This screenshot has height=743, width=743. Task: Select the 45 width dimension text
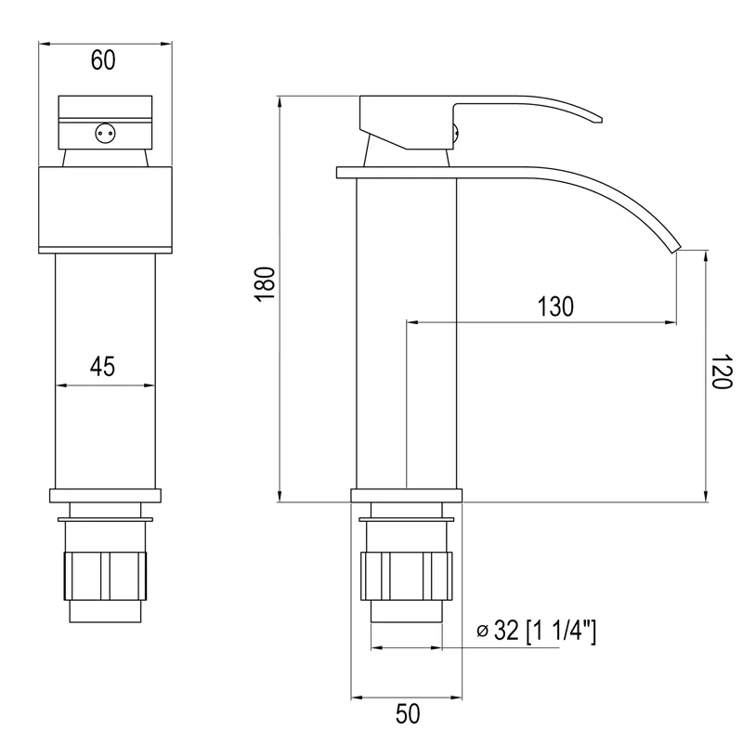click(102, 367)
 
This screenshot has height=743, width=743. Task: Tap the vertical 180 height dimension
click(266, 283)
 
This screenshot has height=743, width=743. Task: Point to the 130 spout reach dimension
click(555, 306)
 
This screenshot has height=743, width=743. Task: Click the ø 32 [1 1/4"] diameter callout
click(536, 632)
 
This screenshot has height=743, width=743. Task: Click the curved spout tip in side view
click(673, 246)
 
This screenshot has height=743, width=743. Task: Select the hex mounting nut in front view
click(104, 576)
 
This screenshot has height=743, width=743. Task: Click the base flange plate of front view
click(105, 496)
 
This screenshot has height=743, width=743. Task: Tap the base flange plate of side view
click(407, 496)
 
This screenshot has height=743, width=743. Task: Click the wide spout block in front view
click(105, 209)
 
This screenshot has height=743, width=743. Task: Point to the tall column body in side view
click(407, 334)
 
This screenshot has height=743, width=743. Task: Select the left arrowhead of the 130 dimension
click(412, 322)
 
